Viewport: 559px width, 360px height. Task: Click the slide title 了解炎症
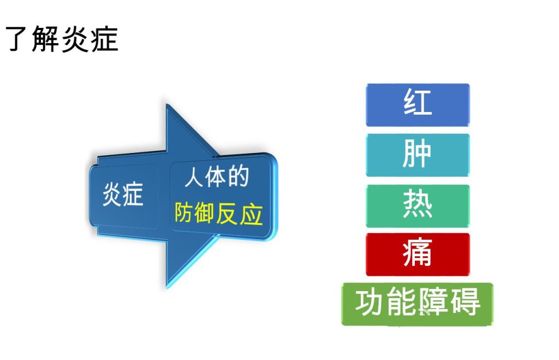pos(62,39)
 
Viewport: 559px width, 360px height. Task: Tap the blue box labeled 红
pos(418,105)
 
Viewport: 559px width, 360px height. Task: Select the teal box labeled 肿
pos(418,155)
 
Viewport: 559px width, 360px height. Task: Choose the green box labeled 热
pos(418,206)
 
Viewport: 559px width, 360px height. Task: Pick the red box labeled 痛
pos(418,255)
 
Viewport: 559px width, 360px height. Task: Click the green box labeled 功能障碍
pos(417,304)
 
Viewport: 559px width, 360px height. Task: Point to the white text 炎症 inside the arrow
pos(123,194)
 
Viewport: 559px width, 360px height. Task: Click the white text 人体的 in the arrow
pos(217,176)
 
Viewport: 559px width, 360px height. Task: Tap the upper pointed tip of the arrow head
pos(167,105)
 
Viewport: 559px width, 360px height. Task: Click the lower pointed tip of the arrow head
pos(167,287)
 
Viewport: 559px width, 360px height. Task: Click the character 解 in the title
pos(45,39)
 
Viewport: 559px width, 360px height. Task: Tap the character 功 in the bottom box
pos(368,302)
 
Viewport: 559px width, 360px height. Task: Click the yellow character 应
pos(251,215)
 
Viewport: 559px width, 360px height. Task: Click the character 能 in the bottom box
pos(401,302)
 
